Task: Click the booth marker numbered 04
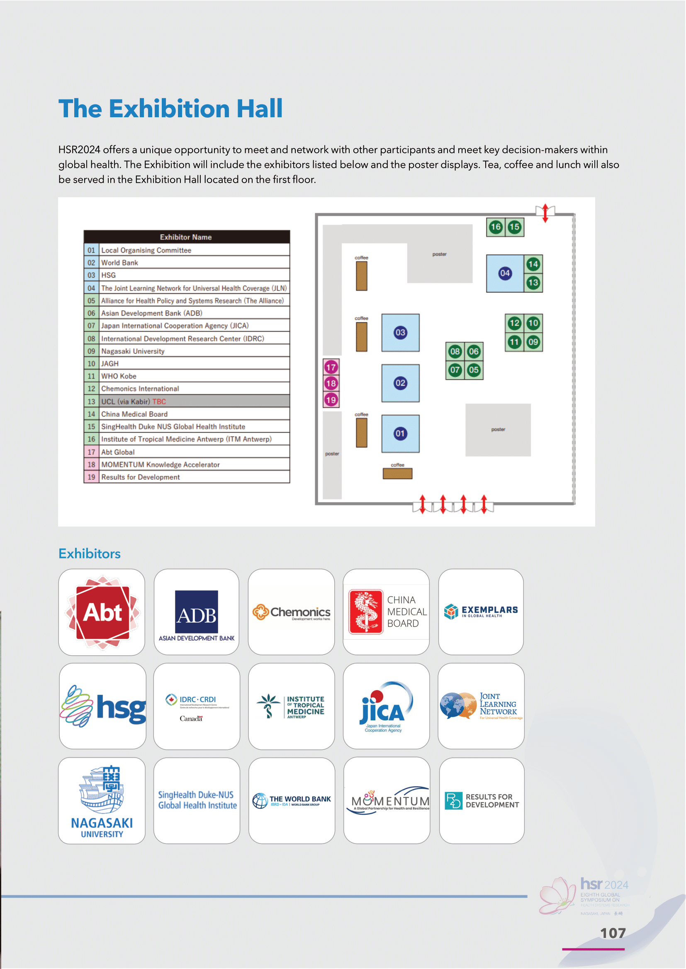pos(505,273)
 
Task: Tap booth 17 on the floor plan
pos(331,367)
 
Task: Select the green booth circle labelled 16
pos(496,227)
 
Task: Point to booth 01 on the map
pos(400,433)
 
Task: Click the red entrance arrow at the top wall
pos(545,213)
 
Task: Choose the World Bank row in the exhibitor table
pos(187,263)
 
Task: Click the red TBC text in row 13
pos(159,401)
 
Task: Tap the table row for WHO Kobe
pos(187,376)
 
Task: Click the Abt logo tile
pos(102,612)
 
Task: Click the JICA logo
pos(386,707)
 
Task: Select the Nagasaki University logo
pos(102,801)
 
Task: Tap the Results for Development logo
pos(482,801)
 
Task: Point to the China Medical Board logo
pos(386,612)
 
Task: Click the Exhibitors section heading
pos(90,553)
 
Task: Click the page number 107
pos(613,933)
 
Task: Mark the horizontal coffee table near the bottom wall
pos(397,474)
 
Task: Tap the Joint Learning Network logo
pos(481,706)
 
